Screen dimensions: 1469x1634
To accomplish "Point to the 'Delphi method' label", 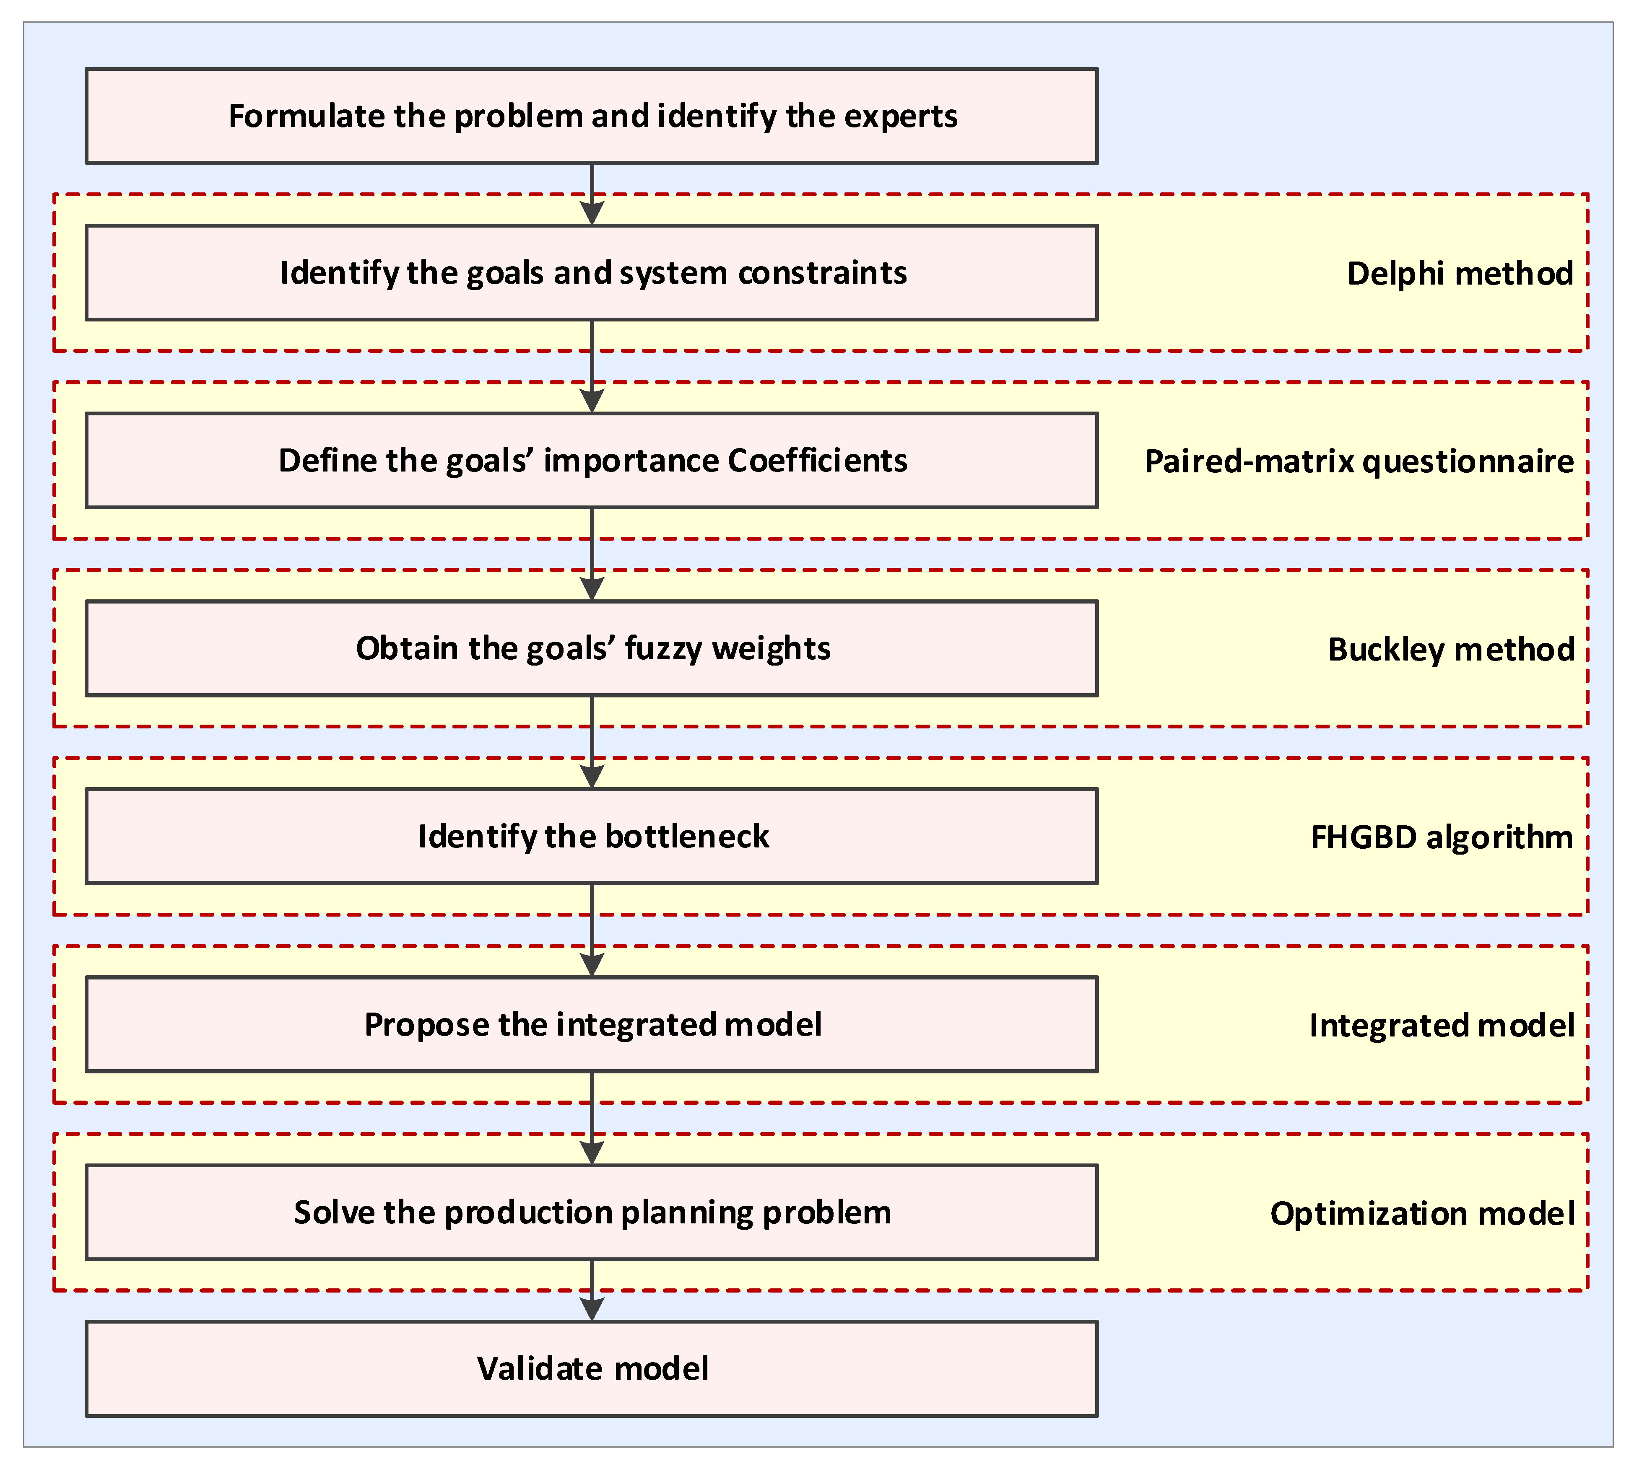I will (1460, 274).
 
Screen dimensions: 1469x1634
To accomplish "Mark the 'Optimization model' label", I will (1422, 1214).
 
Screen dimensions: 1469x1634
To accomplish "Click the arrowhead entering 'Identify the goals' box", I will (592, 213).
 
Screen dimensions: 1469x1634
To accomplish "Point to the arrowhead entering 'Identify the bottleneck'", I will (592, 777).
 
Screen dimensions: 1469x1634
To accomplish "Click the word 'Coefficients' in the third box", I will (817, 461).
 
